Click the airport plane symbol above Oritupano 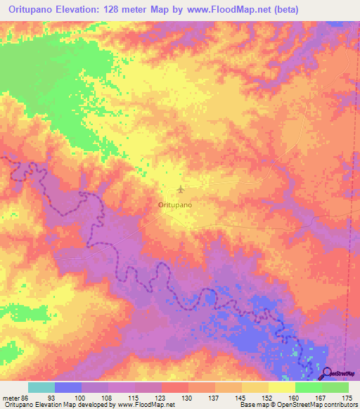pyautogui.click(x=181, y=189)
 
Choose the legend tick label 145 pyautogui.click(x=241, y=397)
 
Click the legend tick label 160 pyautogui.click(x=295, y=397)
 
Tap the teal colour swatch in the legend pyautogui.click(x=41, y=387)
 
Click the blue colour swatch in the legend pyautogui.click(x=68, y=387)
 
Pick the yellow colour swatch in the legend pyautogui.click(x=282, y=387)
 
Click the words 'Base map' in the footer pyautogui.click(x=250, y=405)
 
